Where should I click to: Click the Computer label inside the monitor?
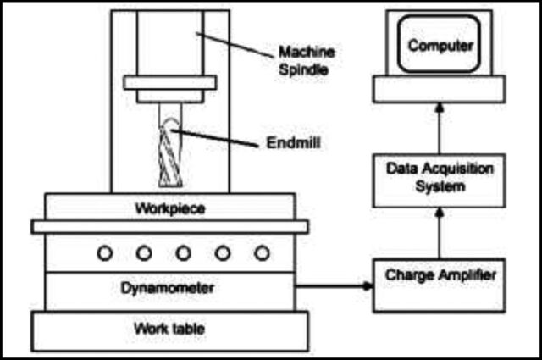pyautogui.click(x=440, y=46)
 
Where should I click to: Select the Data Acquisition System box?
pyautogui.click(x=439, y=180)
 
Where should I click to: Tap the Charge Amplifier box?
pyautogui.click(x=439, y=285)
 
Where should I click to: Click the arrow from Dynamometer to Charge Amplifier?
pyautogui.click(x=334, y=286)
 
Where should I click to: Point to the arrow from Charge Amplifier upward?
pyautogui.click(x=439, y=233)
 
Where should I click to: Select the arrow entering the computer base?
pyautogui.click(x=439, y=128)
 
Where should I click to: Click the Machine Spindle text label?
pyautogui.click(x=307, y=61)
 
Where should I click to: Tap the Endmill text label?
pyautogui.click(x=294, y=143)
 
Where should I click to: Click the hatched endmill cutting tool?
pyautogui.click(x=170, y=154)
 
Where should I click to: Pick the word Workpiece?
pyautogui.click(x=170, y=208)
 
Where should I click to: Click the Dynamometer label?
pyautogui.click(x=168, y=288)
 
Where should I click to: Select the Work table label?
pyautogui.click(x=169, y=328)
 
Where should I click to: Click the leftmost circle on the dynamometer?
pyautogui.click(x=105, y=253)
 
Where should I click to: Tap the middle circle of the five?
pyautogui.click(x=183, y=253)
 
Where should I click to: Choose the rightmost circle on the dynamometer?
pyautogui.click(x=262, y=253)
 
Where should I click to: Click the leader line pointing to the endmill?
pyautogui.click(x=214, y=138)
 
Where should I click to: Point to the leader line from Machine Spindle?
pyautogui.click(x=235, y=45)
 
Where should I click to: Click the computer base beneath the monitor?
pyautogui.click(x=439, y=89)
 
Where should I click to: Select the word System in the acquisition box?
pyautogui.click(x=440, y=186)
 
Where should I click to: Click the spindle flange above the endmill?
pyautogui.click(x=170, y=83)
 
